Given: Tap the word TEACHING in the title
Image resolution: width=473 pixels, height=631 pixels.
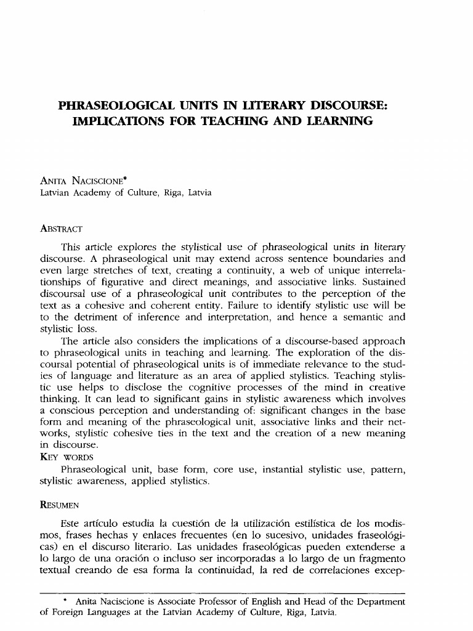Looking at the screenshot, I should click(x=240, y=121).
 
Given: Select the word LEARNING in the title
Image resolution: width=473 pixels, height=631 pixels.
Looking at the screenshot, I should click(x=334, y=121).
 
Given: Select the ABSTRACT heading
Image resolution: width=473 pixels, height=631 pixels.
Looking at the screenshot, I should click(x=61, y=229).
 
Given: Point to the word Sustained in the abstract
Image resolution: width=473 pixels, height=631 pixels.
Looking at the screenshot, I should click(x=381, y=282).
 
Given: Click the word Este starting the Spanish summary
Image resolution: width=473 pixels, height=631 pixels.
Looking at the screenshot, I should click(x=71, y=524).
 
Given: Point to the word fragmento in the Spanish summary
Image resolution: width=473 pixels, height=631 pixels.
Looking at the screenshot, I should click(x=379, y=559).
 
